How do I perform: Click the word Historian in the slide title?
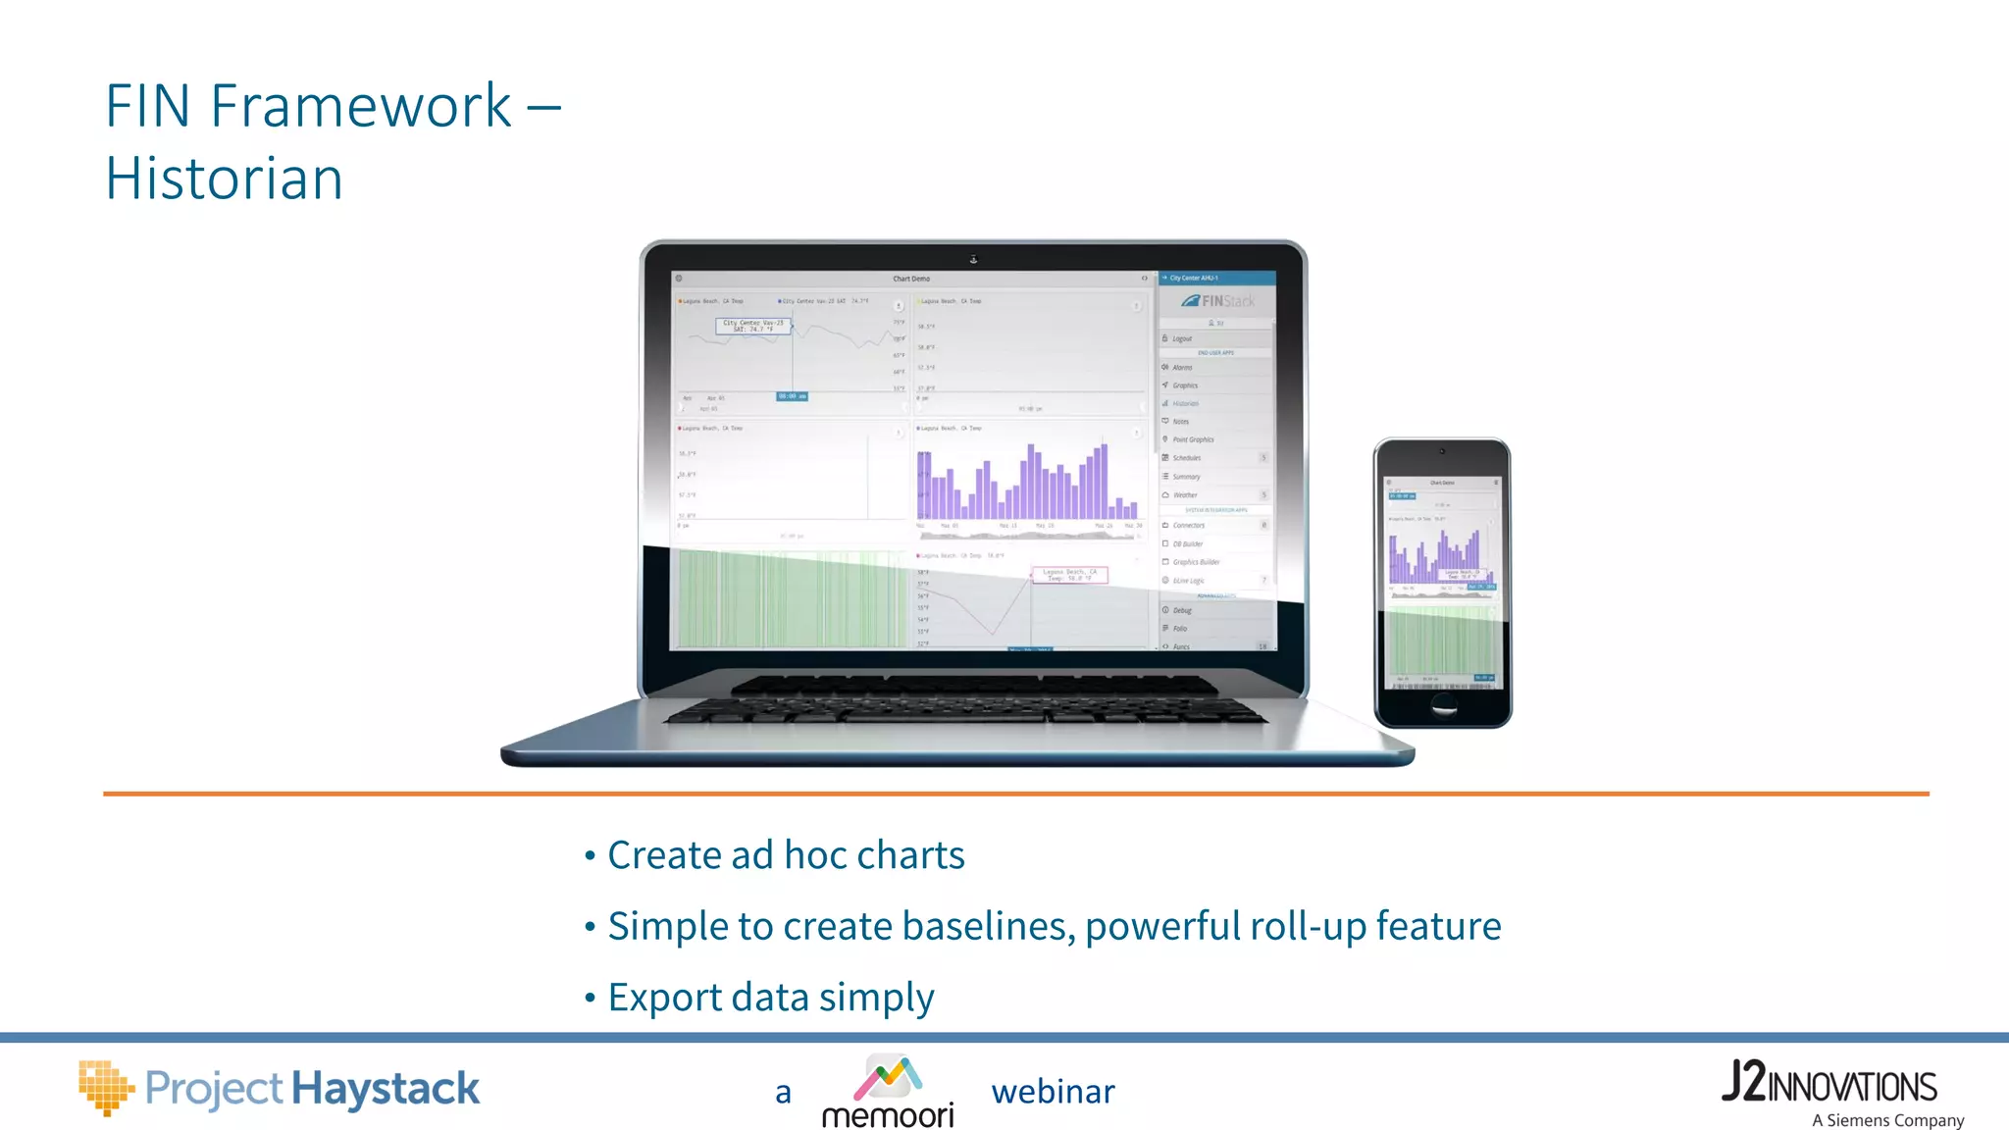tap(224, 179)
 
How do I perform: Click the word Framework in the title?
tap(360, 106)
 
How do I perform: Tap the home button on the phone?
tap(1443, 704)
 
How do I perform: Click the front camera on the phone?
tap(1442, 451)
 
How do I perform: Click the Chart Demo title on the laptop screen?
tap(911, 279)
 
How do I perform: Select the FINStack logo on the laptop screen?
tap(1217, 301)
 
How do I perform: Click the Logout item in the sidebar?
tap(1182, 338)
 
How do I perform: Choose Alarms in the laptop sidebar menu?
tap(1182, 368)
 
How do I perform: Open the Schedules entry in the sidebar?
tap(1186, 458)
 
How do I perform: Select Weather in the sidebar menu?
tap(1185, 495)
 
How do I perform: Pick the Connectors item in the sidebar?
tap(1188, 526)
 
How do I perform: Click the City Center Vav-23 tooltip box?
tap(752, 326)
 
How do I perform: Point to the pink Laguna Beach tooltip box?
tap(1069, 575)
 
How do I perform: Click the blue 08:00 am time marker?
tap(792, 396)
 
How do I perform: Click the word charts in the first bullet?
tap(910, 855)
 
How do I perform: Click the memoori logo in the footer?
tap(888, 1091)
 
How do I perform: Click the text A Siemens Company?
tap(1887, 1120)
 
